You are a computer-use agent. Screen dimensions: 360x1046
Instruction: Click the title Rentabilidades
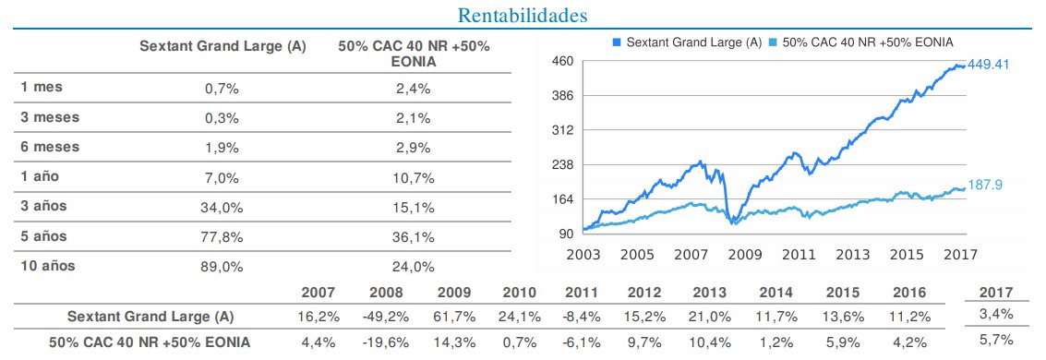[523, 16]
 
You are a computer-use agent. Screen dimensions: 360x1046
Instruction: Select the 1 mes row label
[42, 87]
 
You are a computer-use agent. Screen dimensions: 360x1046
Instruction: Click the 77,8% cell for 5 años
[222, 237]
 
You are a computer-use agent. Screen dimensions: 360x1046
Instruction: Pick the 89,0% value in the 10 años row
[222, 267]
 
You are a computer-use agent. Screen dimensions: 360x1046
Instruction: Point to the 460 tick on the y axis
[563, 61]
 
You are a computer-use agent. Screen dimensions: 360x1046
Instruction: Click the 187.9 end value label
[984, 185]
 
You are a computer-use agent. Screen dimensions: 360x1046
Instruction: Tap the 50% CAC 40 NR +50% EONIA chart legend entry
[867, 42]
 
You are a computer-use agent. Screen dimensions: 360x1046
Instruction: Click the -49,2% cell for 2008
[387, 317]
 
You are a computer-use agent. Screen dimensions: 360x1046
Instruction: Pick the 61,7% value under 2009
[454, 317]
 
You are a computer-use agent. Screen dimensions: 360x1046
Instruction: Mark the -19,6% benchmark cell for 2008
[387, 342]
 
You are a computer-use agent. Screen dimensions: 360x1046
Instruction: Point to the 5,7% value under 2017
[995, 341]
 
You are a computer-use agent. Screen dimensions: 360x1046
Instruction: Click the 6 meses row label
[51, 147]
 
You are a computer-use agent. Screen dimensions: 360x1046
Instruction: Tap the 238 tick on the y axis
[563, 164]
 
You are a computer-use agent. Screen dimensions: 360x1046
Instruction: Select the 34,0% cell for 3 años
[222, 207]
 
